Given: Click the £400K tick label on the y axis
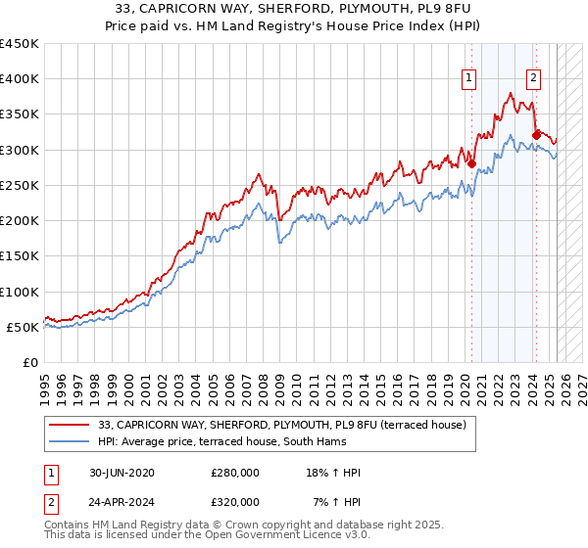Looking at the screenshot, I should pyautogui.click(x=20, y=79).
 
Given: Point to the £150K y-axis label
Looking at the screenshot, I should pyautogui.click(x=20, y=256).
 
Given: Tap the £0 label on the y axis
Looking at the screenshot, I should pyautogui.click(x=31, y=363).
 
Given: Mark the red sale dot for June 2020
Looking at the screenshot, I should pyautogui.click(x=471, y=163).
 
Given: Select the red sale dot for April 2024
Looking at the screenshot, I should pyautogui.click(x=536, y=135).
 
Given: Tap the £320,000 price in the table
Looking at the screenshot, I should pyautogui.click(x=235, y=501).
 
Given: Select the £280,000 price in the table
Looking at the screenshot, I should pyautogui.click(x=235, y=473).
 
